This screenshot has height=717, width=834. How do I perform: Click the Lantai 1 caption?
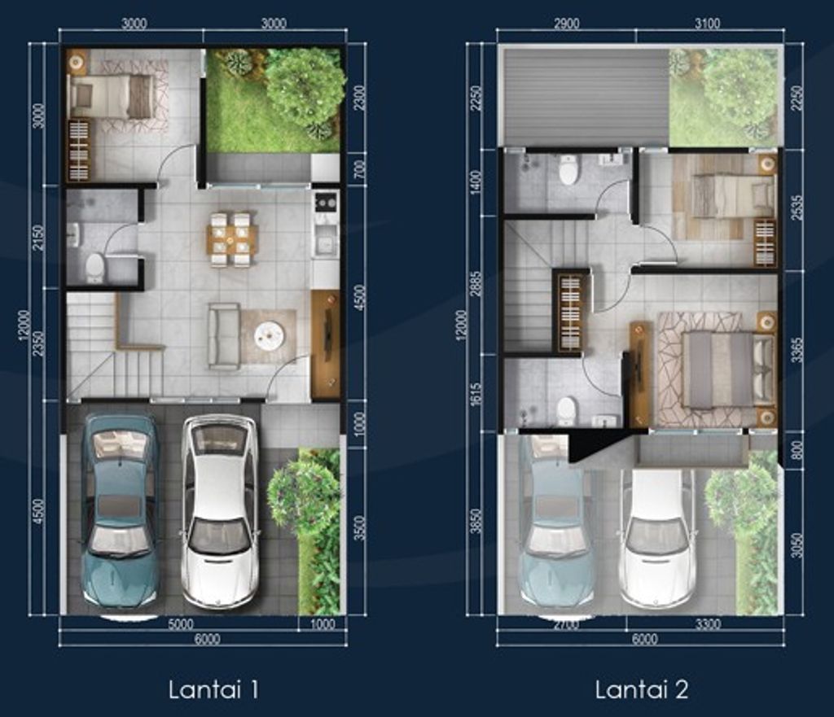click(x=213, y=690)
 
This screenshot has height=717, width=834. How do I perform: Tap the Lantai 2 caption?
click(x=642, y=690)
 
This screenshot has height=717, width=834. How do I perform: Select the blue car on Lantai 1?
click(x=120, y=510)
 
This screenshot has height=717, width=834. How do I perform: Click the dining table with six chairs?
click(x=230, y=239)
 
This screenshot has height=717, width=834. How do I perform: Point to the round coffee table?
click(x=269, y=334)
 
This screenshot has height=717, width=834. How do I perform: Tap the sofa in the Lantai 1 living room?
click(x=224, y=336)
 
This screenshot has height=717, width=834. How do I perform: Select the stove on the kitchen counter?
click(x=326, y=200)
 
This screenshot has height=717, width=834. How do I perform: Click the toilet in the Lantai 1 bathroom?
click(x=95, y=266)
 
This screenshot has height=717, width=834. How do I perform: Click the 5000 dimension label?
click(x=180, y=624)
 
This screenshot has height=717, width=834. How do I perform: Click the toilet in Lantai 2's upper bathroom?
click(x=568, y=171)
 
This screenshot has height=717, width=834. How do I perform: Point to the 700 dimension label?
click(x=359, y=169)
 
